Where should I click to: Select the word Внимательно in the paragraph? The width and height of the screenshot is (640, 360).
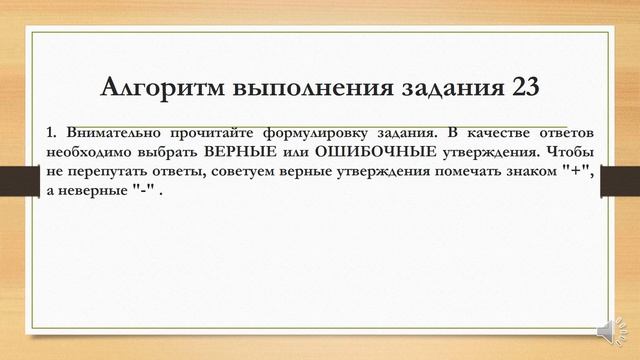tap(109, 133)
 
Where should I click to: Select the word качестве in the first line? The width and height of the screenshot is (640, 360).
tap(496, 133)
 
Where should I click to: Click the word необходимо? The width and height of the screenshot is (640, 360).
tap(90, 151)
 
